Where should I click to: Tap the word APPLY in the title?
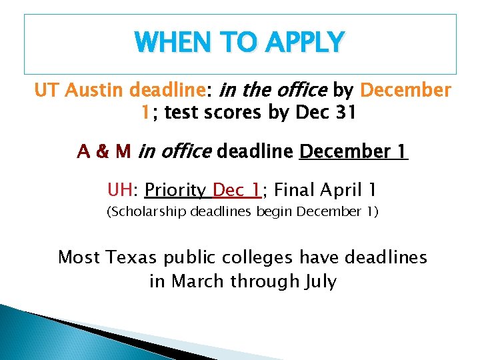click(x=304, y=43)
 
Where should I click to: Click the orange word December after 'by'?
click(x=405, y=90)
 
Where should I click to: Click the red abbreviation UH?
click(x=121, y=191)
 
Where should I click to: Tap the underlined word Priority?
click(x=175, y=191)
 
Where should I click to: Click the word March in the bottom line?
click(x=198, y=281)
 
